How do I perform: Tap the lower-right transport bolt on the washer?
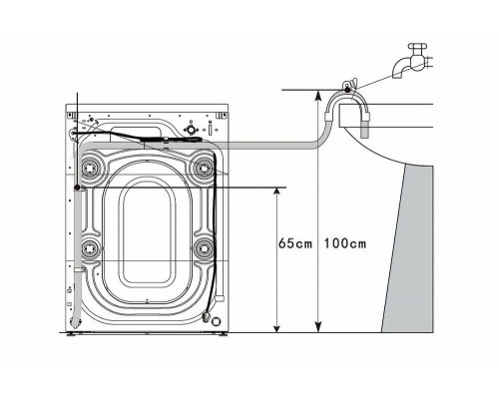point(206,246)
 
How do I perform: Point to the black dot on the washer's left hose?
point(77,188)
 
